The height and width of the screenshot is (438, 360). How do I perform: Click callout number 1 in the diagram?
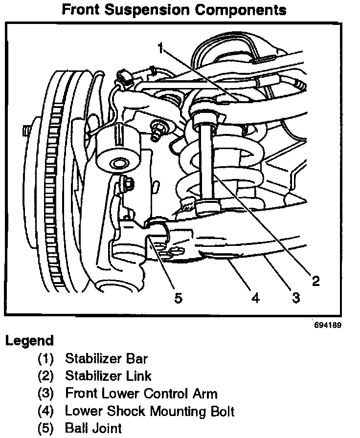pyautogui.click(x=160, y=48)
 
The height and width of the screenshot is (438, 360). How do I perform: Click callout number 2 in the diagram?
pyautogui.click(x=316, y=280)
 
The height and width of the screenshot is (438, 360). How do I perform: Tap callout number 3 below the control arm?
pyautogui.click(x=295, y=297)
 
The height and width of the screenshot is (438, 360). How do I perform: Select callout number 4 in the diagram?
pyautogui.click(x=255, y=297)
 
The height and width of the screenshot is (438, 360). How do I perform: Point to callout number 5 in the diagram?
pyautogui.click(x=179, y=297)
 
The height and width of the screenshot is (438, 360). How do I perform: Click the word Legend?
pyautogui.click(x=29, y=340)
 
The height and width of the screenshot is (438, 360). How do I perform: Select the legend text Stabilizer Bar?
pyautogui.click(x=106, y=358)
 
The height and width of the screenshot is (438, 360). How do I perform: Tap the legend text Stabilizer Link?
pyautogui.click(x=108, y=376)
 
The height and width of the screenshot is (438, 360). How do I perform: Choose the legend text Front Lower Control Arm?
pyautogui.click(x=141, y=394)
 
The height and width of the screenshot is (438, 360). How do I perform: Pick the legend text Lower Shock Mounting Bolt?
pyautogui.click(x=150, y=411)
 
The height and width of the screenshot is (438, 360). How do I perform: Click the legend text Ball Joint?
pyautogui.click(x=93, y=429)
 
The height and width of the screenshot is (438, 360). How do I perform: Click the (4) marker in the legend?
pyautogui.click(x=47, y=411)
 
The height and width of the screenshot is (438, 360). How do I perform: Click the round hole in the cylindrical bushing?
pyautogui.click(x=117, y=163)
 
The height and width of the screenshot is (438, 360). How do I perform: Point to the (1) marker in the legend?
pyautogui.click(x=47, y=358)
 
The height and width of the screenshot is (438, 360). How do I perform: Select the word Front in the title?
pyautogui.click(x=81, y=9)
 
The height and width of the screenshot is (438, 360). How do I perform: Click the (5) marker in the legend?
pyautogui.click(x=47, y=429)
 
